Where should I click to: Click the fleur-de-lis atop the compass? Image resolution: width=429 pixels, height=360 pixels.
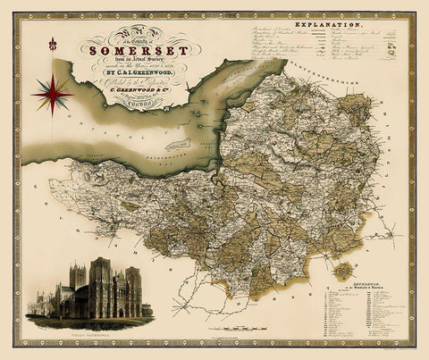(53, 44)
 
